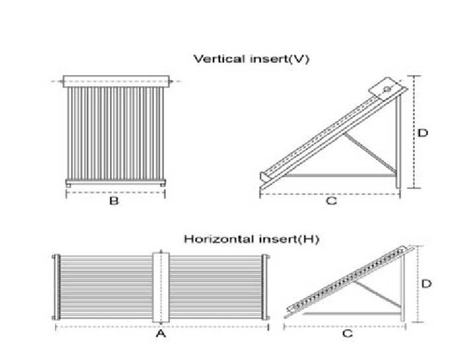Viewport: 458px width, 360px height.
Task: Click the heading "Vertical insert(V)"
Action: click(x=251, y=59)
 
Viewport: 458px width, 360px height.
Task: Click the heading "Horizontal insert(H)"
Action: click(x=252, y=239)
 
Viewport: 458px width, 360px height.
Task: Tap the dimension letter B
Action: click(x=114, y=201)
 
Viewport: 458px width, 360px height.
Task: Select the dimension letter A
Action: click(x=161, y=333)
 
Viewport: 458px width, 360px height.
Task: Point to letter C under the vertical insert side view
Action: click(x=331, y=201)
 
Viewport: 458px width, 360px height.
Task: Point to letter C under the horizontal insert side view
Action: click(x=347, y=334)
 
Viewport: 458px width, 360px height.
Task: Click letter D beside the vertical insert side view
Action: click(x=423, y=133)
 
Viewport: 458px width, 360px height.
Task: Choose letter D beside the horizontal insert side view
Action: click(x=426, y=283)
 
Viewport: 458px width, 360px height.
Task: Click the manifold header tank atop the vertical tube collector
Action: click(x=116, y=81)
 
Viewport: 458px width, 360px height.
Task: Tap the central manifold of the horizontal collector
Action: click(x=161, y=287)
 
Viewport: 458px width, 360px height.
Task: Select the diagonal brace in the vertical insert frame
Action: click(x=370, y=153)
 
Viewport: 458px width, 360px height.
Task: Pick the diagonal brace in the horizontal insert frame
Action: click(x=377, y=294)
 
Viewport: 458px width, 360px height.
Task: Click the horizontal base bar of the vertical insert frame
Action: click(x=340, y=175)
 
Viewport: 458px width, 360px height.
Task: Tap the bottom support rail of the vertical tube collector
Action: click(x=116, y=181)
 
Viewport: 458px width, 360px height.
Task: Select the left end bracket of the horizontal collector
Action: click(x=57, y=287)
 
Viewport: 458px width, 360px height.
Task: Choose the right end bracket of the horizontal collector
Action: click(x=265, y=287)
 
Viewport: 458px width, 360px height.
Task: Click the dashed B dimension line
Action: click(x=116, y=192)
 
